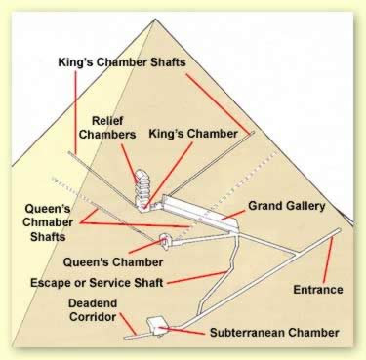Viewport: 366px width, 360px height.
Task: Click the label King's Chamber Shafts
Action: [x=122, y=61]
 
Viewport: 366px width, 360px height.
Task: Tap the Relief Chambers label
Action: [x=107, y=128]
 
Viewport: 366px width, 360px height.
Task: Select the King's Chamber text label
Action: [x=193, y=134]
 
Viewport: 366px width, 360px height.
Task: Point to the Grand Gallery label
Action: [x=287, y=206]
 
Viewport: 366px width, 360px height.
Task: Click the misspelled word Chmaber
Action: [x=48, y=222]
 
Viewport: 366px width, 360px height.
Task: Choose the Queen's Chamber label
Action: [x=113, y=262]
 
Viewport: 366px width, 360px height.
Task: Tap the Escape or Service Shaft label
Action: [x=97, y=282]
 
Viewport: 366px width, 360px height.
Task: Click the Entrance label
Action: [x=318, y=290]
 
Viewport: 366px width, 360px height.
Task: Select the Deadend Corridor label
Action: [x=93, y=310]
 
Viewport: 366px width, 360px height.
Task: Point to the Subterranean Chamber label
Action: [x=274, y=333]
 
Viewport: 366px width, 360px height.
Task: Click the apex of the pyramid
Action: [x=155, y=19]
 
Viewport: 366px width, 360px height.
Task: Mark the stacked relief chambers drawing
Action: [x=143, y=187]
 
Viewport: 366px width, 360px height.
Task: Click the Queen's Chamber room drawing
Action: [x=165, y=241]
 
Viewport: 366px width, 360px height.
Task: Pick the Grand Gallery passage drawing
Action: [x=201, y=213]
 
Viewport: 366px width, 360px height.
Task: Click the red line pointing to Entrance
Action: [x=328, y=260]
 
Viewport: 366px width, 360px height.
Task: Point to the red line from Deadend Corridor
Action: [x=128, y=324]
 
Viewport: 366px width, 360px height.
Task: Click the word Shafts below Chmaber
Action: [x=48, y=236]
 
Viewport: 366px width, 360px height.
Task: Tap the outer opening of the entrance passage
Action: [x=339, y=230]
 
